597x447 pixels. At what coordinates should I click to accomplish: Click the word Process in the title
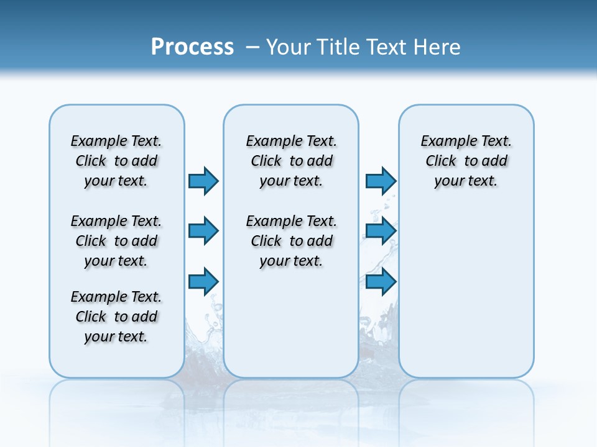[x=192, y=47]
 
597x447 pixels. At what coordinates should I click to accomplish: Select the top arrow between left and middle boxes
[x=203, y=181]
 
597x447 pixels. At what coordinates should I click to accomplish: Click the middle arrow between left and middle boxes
[x=203, y=231]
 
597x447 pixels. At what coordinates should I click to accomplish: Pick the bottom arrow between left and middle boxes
[x=203, y=282]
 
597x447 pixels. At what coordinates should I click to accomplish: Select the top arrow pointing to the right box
[x=381, y=181]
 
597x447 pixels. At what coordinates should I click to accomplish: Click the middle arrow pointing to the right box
[x=381, y=231]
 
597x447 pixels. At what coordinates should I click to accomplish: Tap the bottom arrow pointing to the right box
[x=381, y=282]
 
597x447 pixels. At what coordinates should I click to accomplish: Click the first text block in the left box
[x=116, y=161]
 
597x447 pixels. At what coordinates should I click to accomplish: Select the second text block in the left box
[x=116, y=241]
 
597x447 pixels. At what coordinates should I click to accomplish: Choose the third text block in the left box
[x=116, y=317]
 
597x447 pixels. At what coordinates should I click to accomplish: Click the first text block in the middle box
[x=291, y=161]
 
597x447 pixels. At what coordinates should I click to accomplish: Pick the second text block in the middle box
[x=291, y=241]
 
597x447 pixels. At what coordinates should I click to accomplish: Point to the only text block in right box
[x=466, y=161]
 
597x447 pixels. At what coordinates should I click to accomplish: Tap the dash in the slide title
[x=252, y=47]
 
